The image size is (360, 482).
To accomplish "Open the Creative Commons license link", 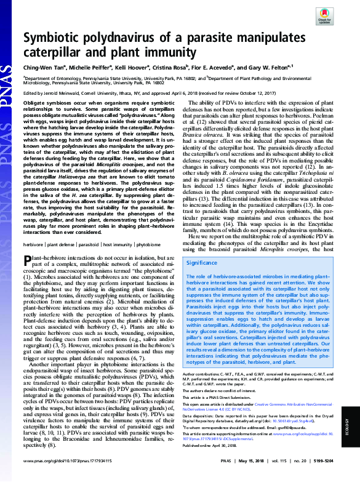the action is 258,412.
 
